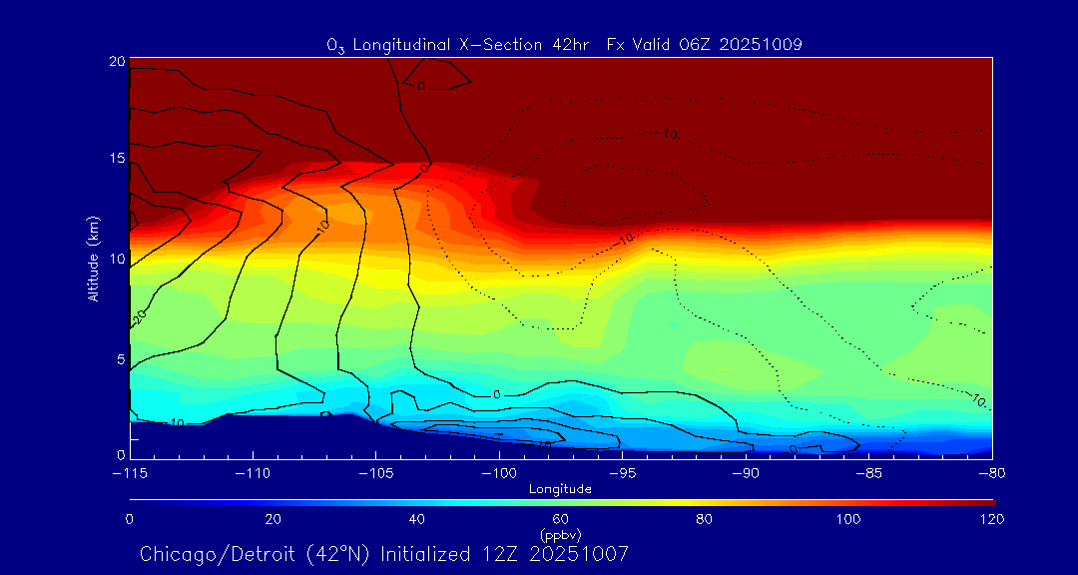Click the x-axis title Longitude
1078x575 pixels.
560,489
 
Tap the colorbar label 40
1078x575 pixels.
417,519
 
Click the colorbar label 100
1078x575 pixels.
847,519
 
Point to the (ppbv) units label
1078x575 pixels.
560,535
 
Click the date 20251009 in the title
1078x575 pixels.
769,44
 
